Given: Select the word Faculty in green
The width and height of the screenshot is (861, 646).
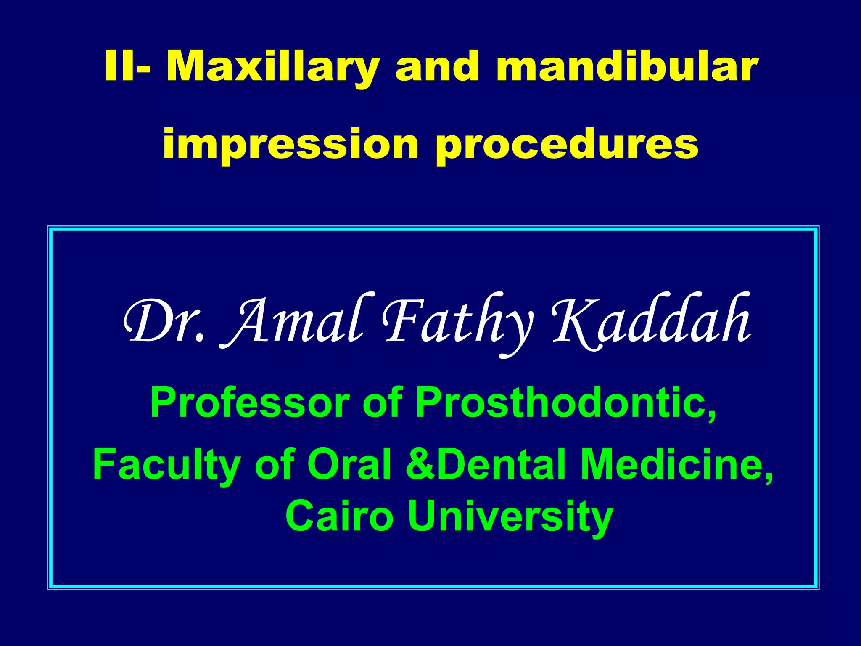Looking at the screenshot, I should coord(166,465).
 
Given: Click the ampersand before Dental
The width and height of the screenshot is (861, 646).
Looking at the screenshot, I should coord(420,465).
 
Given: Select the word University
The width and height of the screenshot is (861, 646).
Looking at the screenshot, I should coord(510,516).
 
